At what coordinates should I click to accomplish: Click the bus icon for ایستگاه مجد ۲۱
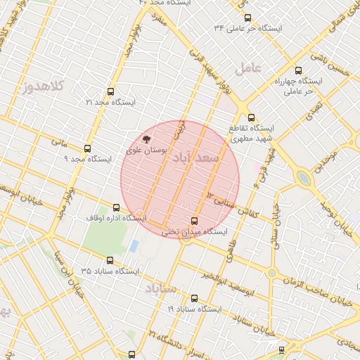[110, 91]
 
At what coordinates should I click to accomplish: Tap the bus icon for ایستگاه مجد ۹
[87, 148]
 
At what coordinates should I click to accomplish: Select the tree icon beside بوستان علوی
[146, 139]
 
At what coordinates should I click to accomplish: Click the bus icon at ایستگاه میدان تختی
[195, 221]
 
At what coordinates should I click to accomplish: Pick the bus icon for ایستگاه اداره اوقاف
[116, 207]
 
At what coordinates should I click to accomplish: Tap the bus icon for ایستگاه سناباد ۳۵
[110, 260]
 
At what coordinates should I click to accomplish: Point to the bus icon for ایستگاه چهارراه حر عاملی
[299, 70]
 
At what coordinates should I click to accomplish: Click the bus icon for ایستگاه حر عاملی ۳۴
[247, 18]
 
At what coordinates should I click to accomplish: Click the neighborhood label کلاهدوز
[43, 86]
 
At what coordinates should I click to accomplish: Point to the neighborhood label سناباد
[162, 288]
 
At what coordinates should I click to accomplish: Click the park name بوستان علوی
[146, 150]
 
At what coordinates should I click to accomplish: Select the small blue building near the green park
[134, 246]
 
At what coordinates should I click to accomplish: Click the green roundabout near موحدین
[303, 178]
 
